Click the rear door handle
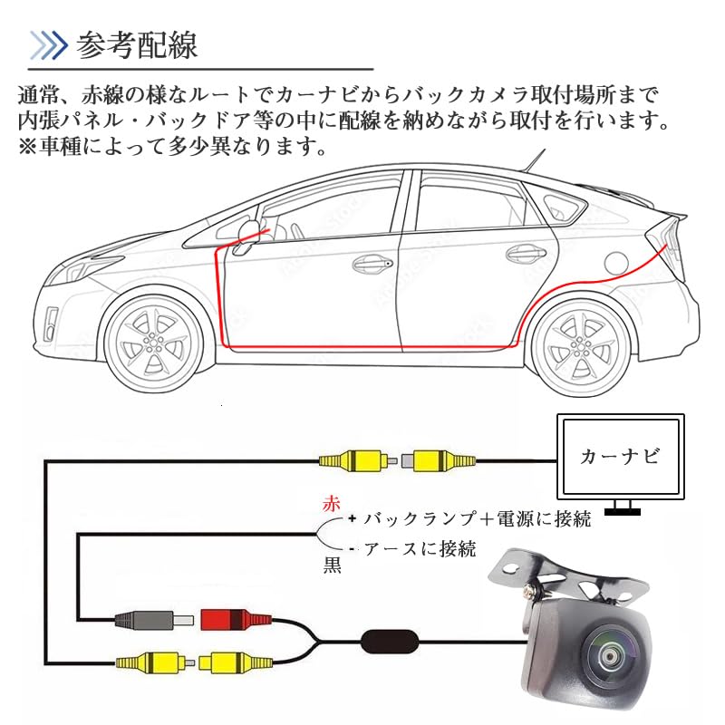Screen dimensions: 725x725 point(522,255)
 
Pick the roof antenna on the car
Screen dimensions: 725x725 point(536,164)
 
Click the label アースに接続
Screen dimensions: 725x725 point(419,549)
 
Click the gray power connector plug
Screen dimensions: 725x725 point(145,622)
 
